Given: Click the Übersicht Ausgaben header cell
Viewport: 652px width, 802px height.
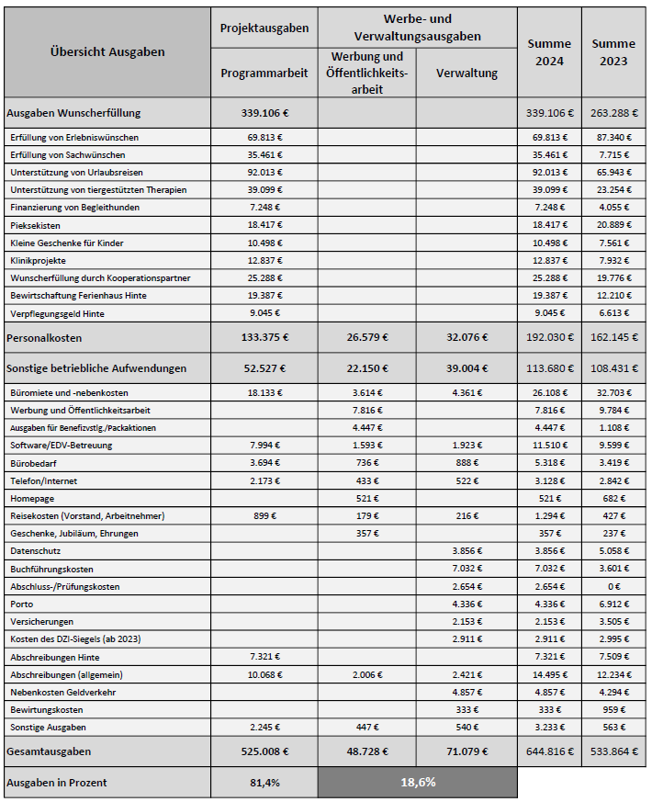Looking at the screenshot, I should click(x=107, y=51).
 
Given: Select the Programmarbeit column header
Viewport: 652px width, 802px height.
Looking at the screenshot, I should click(x=264, y=73).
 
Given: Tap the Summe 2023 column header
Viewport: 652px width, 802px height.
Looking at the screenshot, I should click(x=613, y=52).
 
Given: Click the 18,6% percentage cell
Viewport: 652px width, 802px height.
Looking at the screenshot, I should click(x=418, y=783).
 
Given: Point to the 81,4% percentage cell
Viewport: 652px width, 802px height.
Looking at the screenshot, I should click(x=264, y=783).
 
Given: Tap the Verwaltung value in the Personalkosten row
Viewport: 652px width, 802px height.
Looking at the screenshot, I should click(x=467, y=337).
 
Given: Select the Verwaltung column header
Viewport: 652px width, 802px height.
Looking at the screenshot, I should click(x=467, y=73).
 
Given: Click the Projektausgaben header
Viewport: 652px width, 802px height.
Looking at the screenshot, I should click(x=264, y=28).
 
